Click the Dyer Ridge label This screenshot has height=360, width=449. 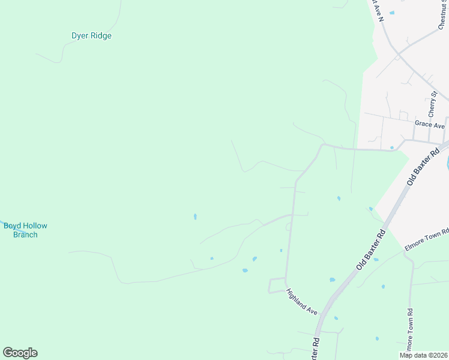(91, 35)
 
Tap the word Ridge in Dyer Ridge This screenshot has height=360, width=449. (101, 35)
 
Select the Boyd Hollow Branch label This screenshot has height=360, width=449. (25, 230)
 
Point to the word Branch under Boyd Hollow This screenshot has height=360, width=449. (25, 235)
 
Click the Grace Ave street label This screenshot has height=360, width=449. (429, 125)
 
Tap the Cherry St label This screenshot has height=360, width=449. (432, 105)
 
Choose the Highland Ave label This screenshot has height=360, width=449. (301, 302)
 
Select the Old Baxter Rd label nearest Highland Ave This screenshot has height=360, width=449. (370, 246)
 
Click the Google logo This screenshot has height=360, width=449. (20, 353)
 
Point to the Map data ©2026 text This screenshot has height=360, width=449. (423, 355)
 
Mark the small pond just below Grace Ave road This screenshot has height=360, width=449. (392, 147)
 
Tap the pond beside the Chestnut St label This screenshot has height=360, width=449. (392, 13)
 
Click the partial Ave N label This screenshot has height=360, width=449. (378, 11)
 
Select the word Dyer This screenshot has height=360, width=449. (80, 35)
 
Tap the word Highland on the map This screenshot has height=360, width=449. (297, 299)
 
